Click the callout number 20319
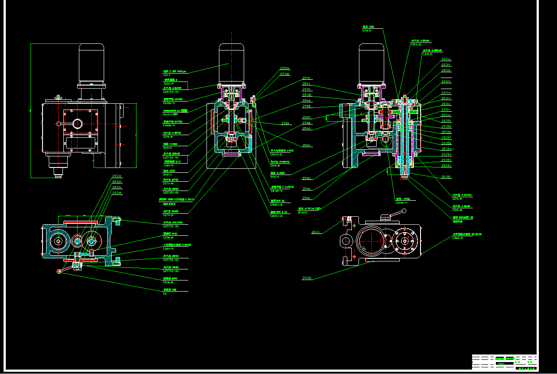pyautogui.click(x=284, y=69)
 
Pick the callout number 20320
pyautogui.click(x=284, y=74)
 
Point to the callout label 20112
pyautogui.click(x=307, y=78)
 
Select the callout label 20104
pyautogui.click(x=307, y=145)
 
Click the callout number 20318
pyautogui.click(x=446, y=59)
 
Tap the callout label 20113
pyautogui.click(x=316, y=232)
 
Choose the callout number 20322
pyautogui.click(x=117, y=176)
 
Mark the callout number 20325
pyautogui.click(x=117, y=193)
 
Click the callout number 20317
pyautogui.click(x=446, y=65)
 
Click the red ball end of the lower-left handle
pyautogui.click(x=59, y=271)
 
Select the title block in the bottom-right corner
pyautogui.click(x=504, y=362)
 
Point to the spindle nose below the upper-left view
pyautogui.click(x=58, y=174)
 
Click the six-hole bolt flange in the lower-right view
pyautogui.click(x=404, y=242)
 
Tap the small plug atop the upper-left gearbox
pyautogui.click(x=58, y=96)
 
